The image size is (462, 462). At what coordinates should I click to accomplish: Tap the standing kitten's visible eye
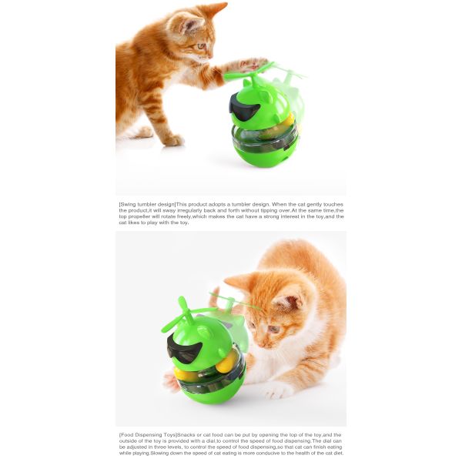coord(202,46)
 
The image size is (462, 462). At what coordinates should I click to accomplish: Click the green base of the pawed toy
coord(265,155)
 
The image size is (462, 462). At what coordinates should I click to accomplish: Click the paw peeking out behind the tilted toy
coord(171,380)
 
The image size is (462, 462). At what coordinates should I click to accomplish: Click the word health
coord(299,453)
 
